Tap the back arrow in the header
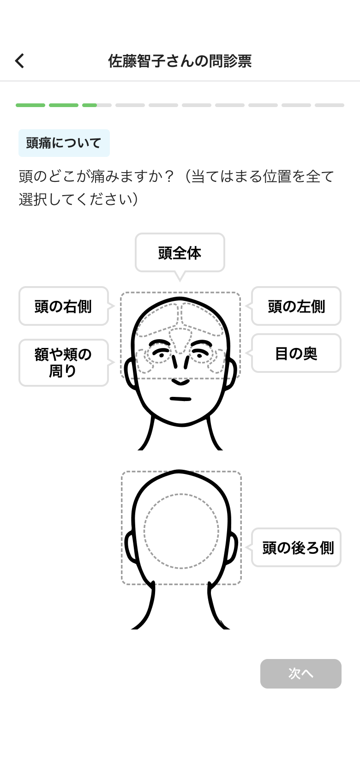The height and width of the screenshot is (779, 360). (19, 61)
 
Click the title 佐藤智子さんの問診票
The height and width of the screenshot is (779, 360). (180, 61)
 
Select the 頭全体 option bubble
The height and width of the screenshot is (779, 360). (180, 252)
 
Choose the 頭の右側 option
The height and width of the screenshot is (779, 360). (63, 306)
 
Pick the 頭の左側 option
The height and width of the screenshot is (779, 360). (296, 306)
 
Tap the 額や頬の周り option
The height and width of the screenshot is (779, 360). (63, 362)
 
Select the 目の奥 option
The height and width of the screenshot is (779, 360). (296, 353)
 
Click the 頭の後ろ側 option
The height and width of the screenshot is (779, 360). (296, 547)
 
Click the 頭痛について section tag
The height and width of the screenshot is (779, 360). (64, 143)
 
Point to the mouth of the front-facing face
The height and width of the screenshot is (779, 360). (180, 399)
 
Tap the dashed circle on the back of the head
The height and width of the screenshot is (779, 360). (181, 531)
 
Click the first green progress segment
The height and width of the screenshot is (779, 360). (30, 105)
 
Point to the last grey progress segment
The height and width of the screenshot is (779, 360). (330, 105)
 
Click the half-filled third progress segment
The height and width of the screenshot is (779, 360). (97, 105)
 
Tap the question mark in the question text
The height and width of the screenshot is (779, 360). (169, 176)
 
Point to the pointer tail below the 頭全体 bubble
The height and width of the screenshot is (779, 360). (180, 276)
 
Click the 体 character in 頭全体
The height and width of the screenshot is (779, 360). (194, 253)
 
